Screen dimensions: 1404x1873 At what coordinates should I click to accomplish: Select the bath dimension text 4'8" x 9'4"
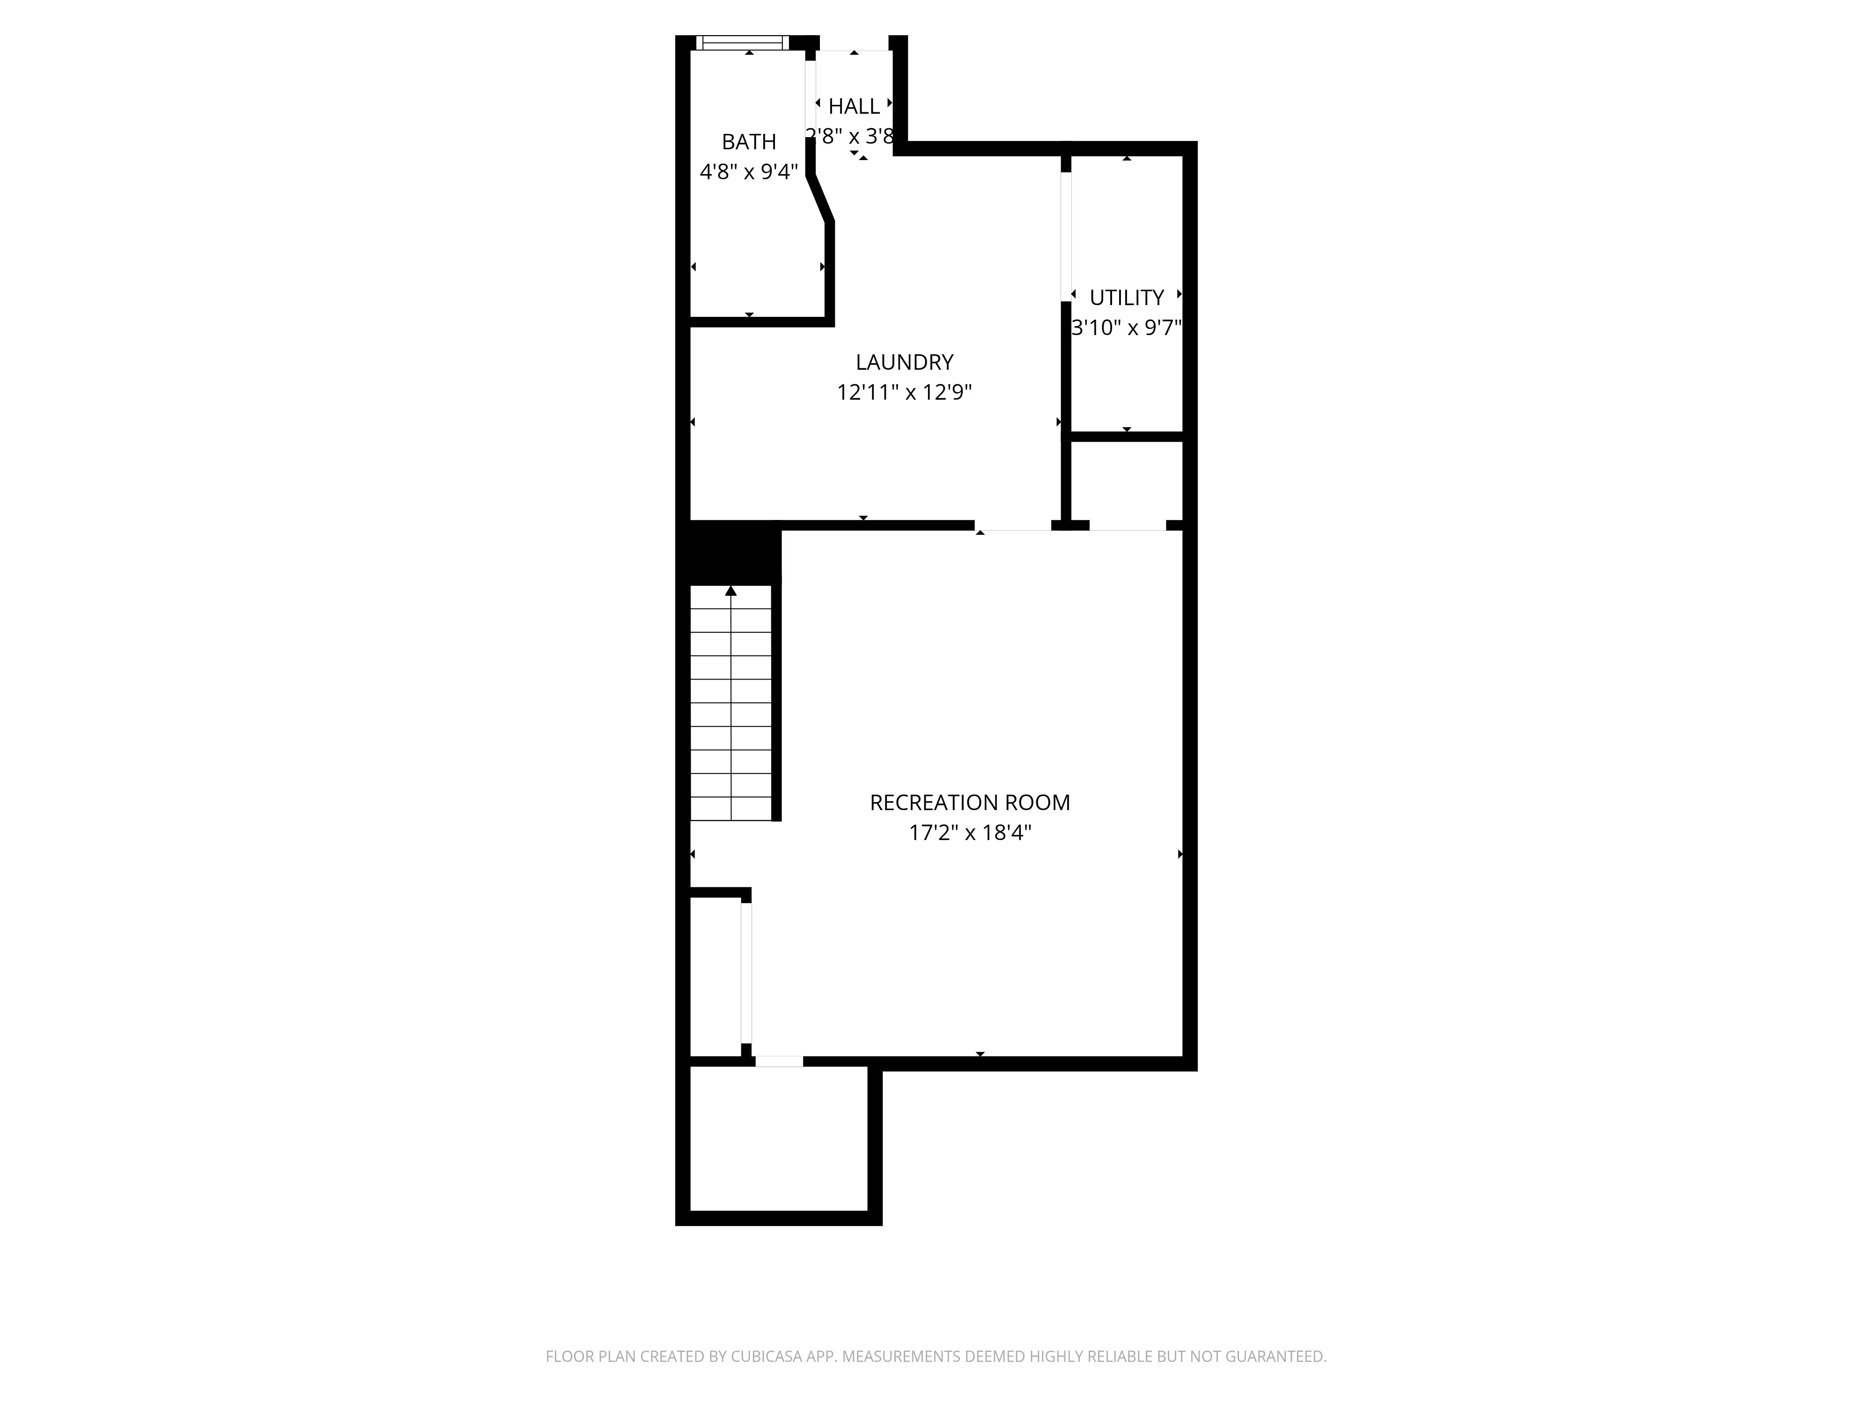click(x=749, y=172)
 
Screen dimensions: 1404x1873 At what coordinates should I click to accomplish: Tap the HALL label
click(x=854, y=107)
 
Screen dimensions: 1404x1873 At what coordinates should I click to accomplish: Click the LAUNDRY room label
click(x=904, y=362)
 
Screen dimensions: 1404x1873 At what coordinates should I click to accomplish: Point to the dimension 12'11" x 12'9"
click(x=904, y=393)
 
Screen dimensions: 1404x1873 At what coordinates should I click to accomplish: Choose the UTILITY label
click(x=1126, y=298)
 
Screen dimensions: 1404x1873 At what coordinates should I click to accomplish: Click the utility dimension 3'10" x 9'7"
click(x=1126, y=328)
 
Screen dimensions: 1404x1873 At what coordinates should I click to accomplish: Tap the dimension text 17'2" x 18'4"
click(x=970, y=833)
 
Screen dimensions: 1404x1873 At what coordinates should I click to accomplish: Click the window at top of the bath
click(x=742, y=42)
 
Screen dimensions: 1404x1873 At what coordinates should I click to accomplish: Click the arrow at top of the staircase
click(x=731, y=591)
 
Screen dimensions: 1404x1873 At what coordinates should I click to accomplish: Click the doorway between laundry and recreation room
click(x=1014, y=526)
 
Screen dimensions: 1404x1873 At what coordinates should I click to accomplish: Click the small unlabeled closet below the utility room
click(x=1126, y=480)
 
